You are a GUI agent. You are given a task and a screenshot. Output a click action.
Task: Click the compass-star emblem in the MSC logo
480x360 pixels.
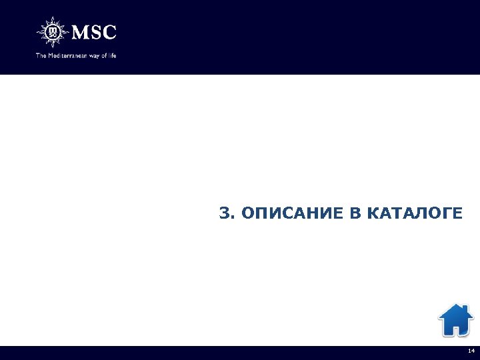52,32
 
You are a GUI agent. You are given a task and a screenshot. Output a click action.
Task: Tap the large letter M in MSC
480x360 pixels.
79,32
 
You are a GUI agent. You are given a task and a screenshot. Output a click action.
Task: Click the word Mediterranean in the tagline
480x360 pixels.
66,55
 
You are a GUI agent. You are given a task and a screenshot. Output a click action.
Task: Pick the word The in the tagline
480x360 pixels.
40,55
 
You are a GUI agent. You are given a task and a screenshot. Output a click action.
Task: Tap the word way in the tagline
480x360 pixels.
94,55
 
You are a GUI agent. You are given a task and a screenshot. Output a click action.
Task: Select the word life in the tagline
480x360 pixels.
112,55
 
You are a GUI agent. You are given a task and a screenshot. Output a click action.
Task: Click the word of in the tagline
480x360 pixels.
104,55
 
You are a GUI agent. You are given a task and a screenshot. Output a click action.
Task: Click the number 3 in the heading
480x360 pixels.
224,213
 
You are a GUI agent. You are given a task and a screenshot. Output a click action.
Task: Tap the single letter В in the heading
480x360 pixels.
353,213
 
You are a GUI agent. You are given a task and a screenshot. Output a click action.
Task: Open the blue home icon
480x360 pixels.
455,320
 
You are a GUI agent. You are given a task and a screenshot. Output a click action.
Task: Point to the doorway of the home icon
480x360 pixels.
455,329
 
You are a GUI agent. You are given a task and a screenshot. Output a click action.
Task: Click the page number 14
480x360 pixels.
471,351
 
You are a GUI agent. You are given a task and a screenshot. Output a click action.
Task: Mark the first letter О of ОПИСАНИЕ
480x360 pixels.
247,213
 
